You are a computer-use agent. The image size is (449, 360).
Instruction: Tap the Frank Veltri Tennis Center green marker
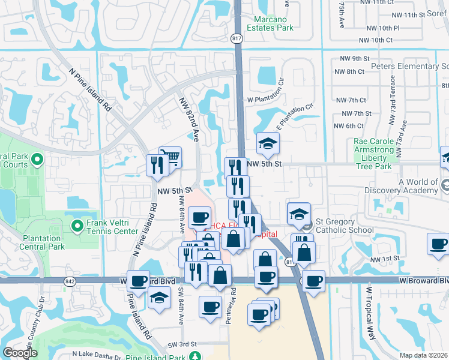[x=77, y=226]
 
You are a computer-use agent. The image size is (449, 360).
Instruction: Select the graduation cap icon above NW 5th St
[x=268, y=143]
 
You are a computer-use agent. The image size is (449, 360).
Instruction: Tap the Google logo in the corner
[x=20, y=353]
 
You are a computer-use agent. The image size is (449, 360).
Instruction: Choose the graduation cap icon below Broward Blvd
[x=159, y=298]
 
